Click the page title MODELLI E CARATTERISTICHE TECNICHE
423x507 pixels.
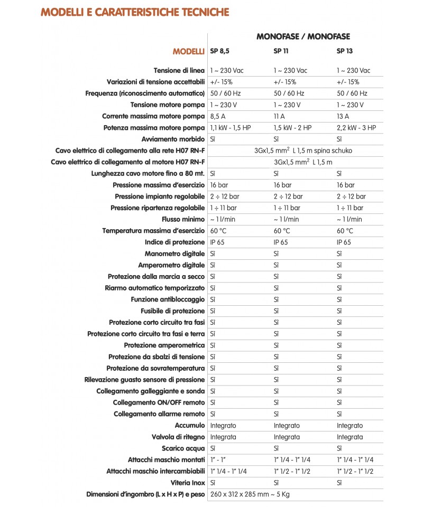135,12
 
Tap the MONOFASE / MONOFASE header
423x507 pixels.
303,36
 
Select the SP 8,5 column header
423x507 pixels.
220,51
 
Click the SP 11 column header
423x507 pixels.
281,51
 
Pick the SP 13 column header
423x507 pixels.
344,51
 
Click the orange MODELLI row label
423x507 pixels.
189,51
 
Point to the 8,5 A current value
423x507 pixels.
218,116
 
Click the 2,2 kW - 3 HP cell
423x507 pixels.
356,128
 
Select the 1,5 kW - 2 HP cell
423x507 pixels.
292,128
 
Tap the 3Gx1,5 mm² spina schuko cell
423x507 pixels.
303,151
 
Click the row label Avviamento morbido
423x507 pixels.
173,139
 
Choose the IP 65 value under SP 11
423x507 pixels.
281,242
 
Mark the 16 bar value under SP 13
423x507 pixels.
346,185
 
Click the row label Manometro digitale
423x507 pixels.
174,253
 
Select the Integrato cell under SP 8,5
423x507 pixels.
223,425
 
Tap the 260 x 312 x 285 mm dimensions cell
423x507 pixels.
250,494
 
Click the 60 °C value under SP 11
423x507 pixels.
282,230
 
